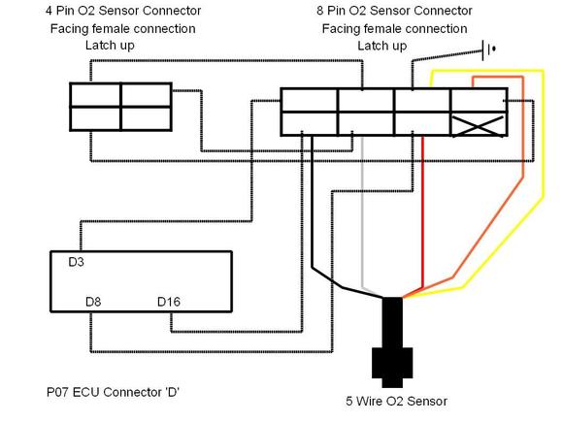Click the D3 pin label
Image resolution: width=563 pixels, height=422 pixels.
click(76, 262)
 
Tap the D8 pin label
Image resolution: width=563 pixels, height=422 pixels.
click(93, 302)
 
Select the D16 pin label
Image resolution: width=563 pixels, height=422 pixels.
click(169, 302)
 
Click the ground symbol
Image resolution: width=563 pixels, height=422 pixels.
click(489, 50)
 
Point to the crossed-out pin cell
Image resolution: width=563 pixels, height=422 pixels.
click(479, 124)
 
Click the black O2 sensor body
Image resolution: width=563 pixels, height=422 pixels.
click(392, 342)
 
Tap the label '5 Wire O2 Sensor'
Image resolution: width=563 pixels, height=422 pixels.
click(396, 401)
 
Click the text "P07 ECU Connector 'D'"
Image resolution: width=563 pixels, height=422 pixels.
click(113, 392)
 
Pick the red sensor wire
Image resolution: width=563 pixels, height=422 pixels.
click(423, 211)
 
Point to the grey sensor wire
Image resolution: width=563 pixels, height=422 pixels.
click(363, 211)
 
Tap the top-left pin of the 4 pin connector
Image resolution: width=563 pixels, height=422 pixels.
click(95, 95)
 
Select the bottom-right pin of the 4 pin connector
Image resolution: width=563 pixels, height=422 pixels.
click(147, 118)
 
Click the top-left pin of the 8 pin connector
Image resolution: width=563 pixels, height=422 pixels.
click(309, 101)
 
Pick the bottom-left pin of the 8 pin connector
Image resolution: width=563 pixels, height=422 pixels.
click(309, 124)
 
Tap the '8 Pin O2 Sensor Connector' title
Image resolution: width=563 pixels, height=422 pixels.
click(394, 11)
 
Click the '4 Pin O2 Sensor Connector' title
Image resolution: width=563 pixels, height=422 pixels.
click(123, 11)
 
